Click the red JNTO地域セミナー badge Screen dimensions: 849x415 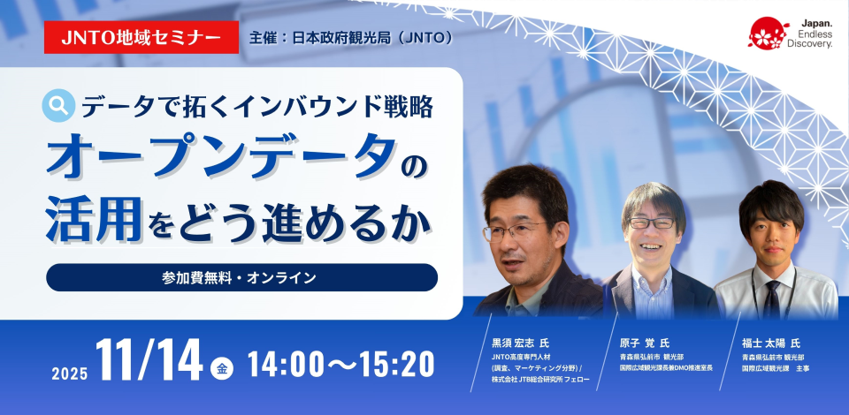coord(141,37)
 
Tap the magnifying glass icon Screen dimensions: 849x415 coord(58,105)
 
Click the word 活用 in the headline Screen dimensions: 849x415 coord(94,219)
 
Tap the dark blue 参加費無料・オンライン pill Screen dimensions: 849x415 coord(241,278)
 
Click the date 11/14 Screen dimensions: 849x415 coord(149,359)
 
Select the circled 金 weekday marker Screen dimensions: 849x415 coord(221,369)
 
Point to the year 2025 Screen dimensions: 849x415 coord(70,373)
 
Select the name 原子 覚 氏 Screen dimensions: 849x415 coord(645,343)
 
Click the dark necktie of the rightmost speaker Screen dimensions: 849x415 coord(771,298)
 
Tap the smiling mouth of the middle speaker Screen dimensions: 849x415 coord(650,246)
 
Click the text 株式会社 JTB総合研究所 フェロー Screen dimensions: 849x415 coord(539,379)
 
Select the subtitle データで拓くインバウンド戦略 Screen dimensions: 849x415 coord(257,106)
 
